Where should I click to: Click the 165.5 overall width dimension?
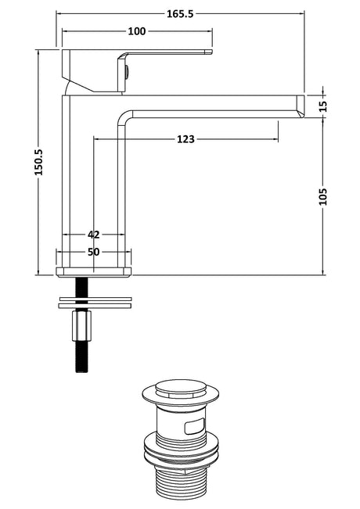[x=180, y=14]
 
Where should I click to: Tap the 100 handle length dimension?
[x=137, y=31]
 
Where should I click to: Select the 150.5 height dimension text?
[x=38, y=162]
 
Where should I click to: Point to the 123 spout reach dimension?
[x=185, y=139]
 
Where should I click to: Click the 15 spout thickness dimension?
[x=322, y=106]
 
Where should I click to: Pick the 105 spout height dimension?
[x=322, y=196]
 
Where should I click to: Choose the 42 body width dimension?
[x=94, y=235]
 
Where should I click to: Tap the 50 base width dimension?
[x=94, y=252]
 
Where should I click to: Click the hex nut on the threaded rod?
[x=81, y=325]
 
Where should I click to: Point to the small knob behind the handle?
[x=127, y=73]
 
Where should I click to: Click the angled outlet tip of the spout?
[x=301, y=106]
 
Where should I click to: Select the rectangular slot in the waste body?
[x=195, y=426]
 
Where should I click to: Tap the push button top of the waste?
[x=181, y=389]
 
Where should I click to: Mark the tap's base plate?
[x=94, y=272]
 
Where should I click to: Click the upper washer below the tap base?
[x=95, y=299]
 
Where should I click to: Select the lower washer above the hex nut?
[x=95, y=306]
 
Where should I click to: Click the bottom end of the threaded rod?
[x=81, y=371]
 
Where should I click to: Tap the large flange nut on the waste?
[x=181, y=450]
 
